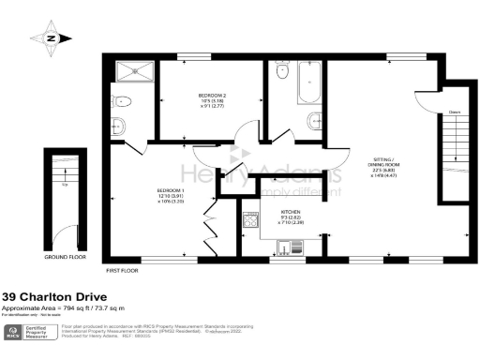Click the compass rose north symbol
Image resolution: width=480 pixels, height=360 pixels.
click(x=52, y=38)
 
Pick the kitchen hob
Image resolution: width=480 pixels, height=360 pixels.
click(x=250, y=221)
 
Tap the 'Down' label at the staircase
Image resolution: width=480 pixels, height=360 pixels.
click(x=453, y=112)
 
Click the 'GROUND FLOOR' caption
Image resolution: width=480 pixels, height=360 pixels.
click(x=66, y=256)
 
